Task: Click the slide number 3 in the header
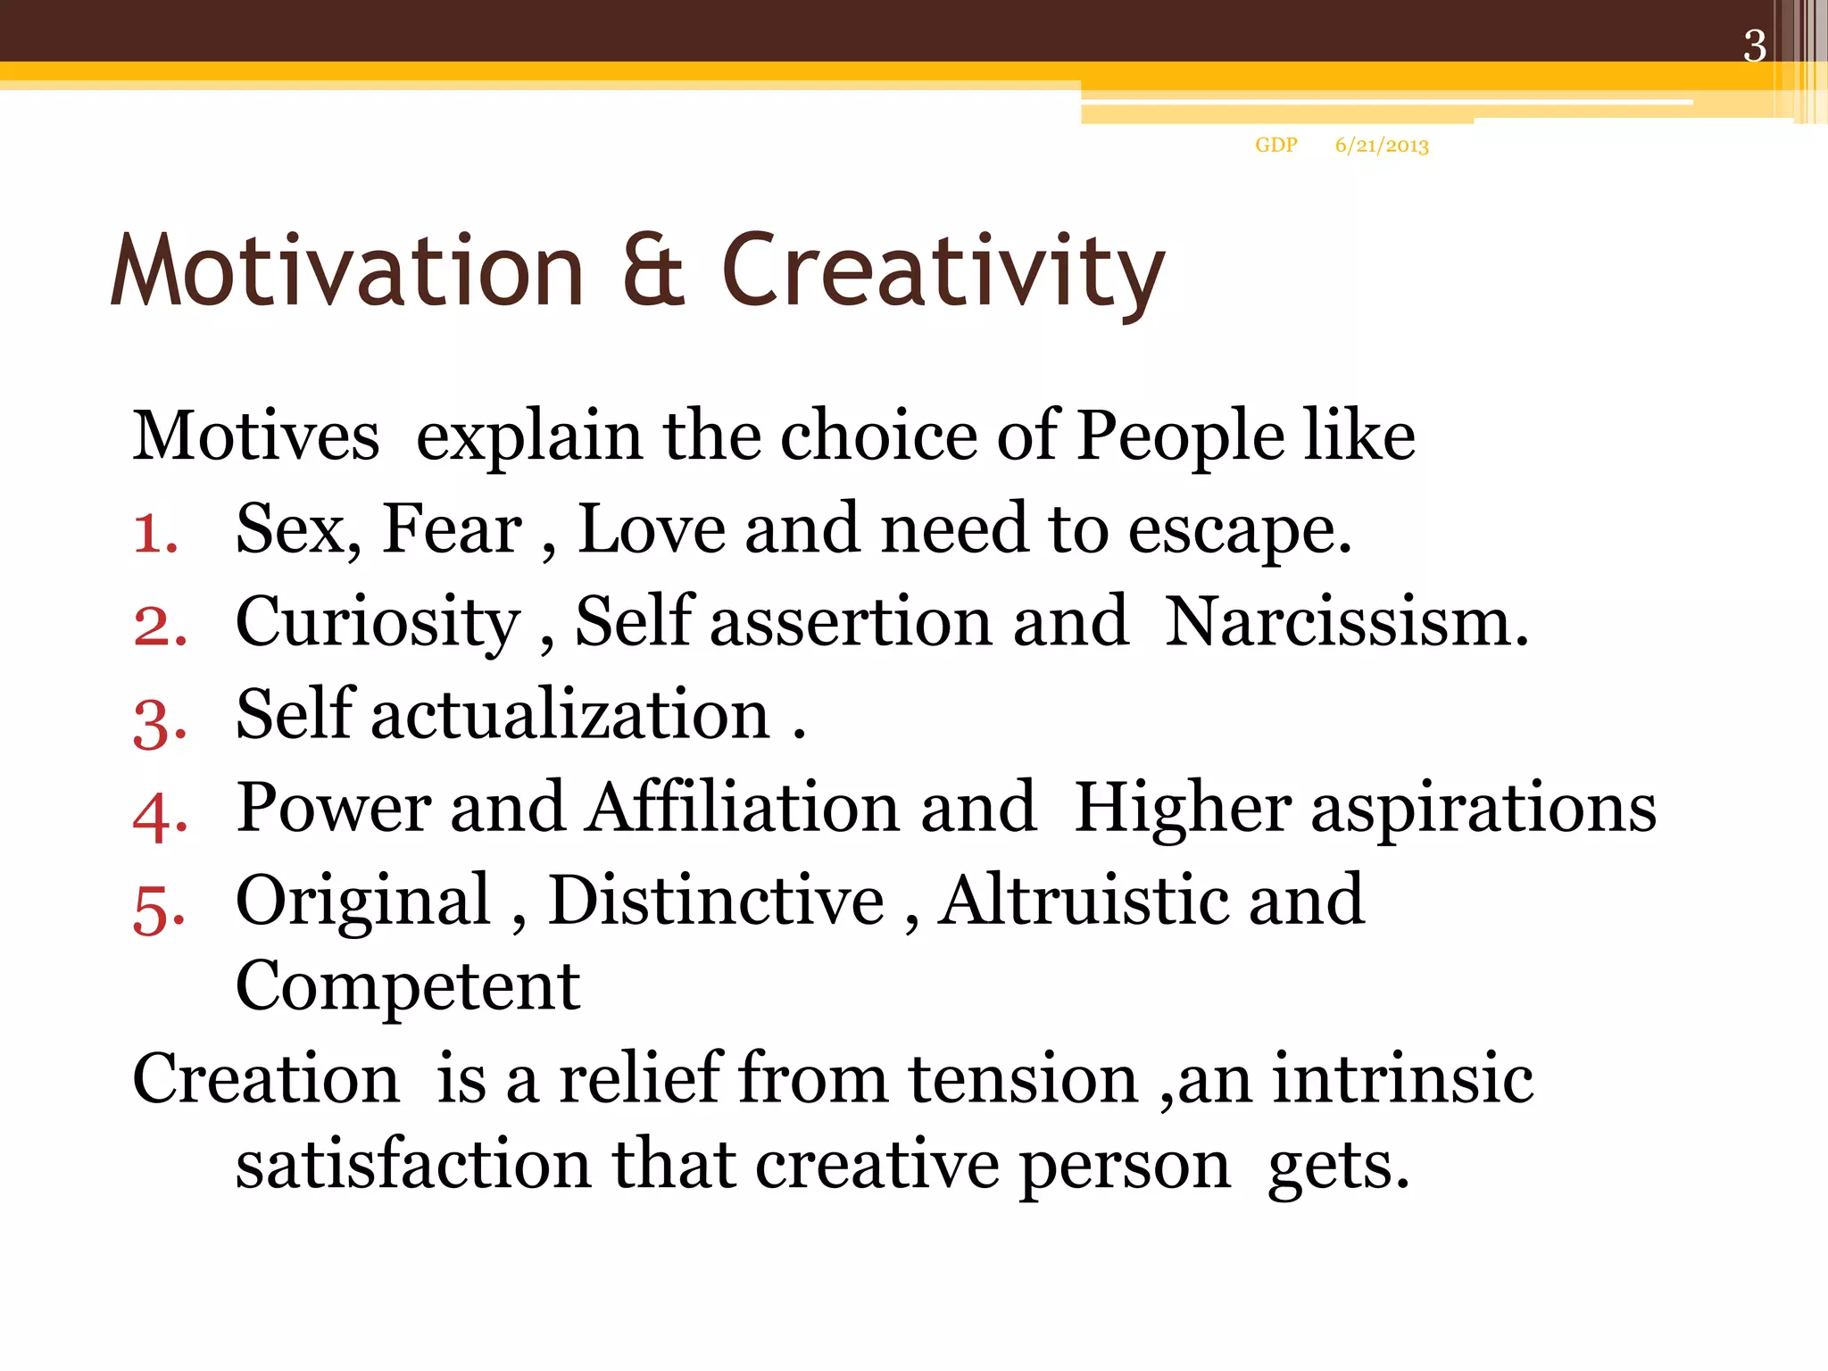tap(1754, 46)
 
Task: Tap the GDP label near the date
tap(1275, 145)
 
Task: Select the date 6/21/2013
tap(1382, 145)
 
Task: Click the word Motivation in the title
tap(347, 270)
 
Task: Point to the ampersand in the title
tap(653, 270)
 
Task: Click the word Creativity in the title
tap(943, 271)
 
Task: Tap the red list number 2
tap(160, 626)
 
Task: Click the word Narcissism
tap(1346, 621)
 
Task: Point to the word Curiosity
tap(378, 623)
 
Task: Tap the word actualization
tap(570, 715)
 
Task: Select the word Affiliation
tap(742, 807)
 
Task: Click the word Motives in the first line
tap(256, 436)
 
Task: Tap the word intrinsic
tap(1402, 1079)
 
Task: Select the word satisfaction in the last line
tap(413, 1165)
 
